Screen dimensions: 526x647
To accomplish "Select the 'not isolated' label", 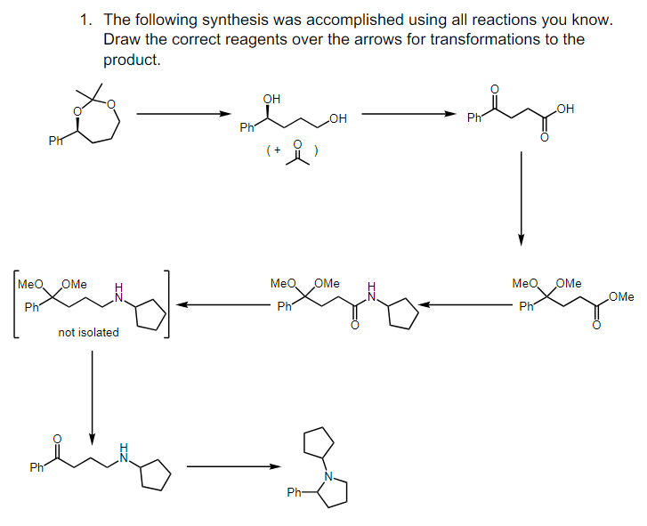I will point(88,332).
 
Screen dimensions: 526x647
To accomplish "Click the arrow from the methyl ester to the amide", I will point(466,305).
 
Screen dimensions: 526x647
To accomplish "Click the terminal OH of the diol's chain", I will point(338,118).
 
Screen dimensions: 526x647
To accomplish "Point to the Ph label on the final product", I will point(294,491).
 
